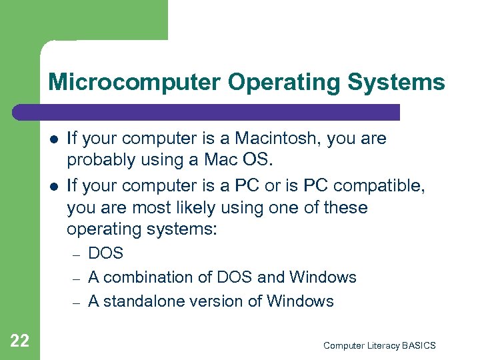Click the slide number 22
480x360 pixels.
[19, 341]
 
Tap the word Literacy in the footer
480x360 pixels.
[377, 345]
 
